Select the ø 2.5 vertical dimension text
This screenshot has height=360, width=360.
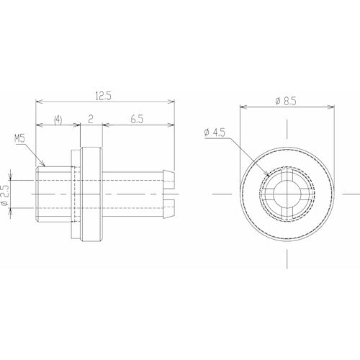6,195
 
